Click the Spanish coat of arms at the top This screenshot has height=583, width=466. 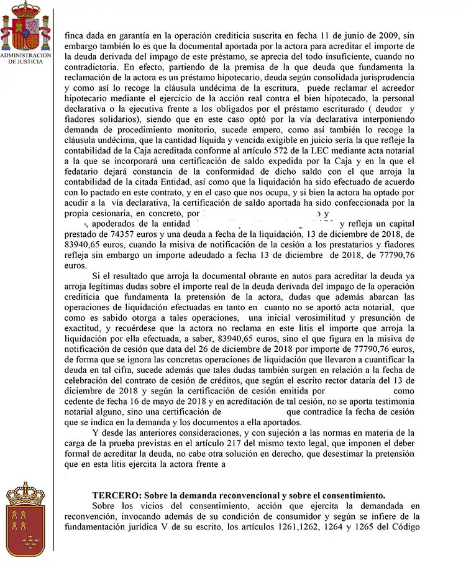[25, 25]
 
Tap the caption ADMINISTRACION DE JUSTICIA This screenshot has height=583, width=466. [25, 58]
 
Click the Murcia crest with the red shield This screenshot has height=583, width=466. [25, 520]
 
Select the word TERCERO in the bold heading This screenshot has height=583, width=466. [112, 495]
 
